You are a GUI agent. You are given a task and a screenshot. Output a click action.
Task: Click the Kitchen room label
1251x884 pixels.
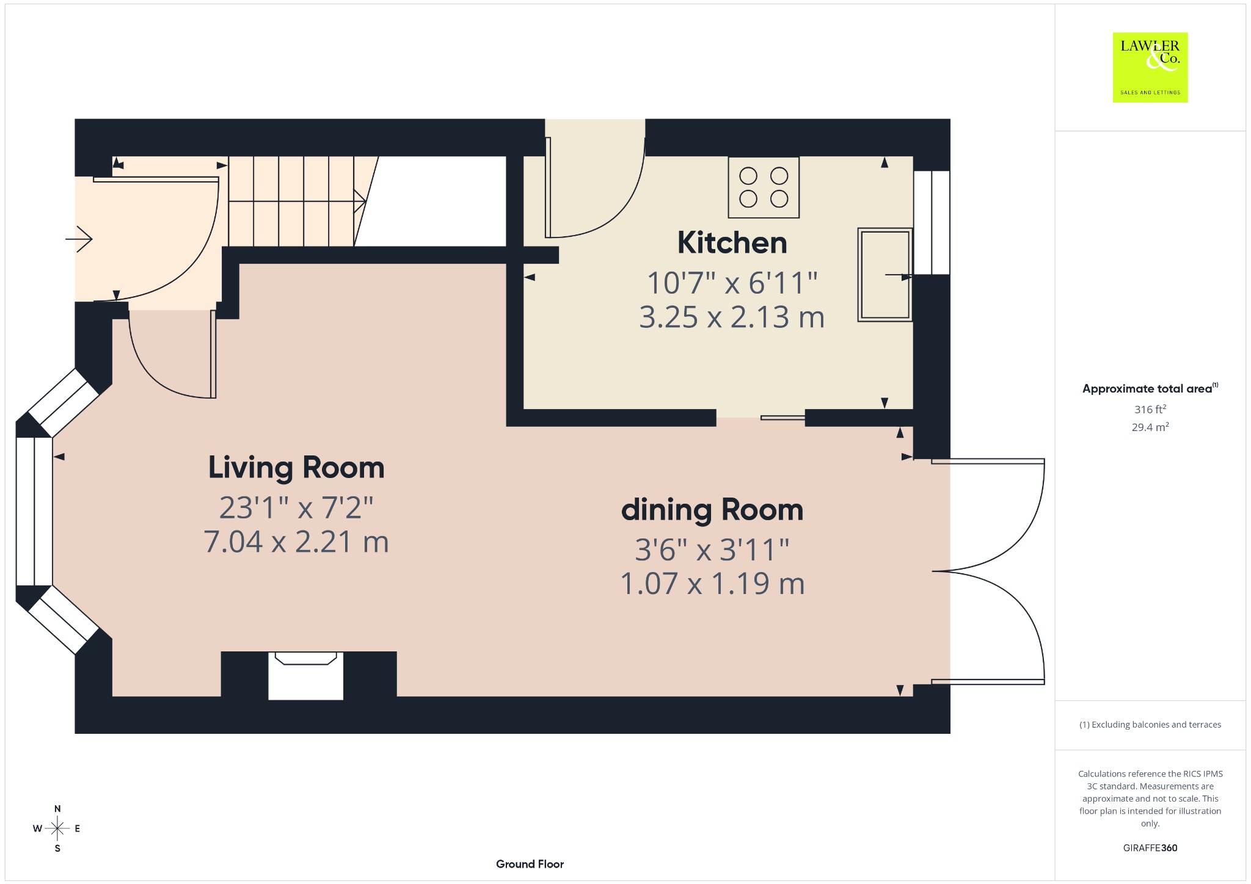[732, 243]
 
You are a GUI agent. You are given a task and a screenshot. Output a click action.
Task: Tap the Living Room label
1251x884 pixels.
[296, 468]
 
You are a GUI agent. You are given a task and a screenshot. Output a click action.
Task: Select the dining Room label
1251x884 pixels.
[712, 510]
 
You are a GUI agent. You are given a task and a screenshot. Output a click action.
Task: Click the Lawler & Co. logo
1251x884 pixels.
[1150, 67]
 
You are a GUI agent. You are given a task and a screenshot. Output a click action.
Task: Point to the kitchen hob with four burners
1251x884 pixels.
[764, 187]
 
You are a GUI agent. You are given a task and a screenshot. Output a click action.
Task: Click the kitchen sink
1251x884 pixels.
[885, 275]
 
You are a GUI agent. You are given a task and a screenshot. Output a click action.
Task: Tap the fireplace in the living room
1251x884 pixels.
[306, 676]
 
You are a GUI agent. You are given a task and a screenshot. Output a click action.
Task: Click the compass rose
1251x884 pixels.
[57, 828]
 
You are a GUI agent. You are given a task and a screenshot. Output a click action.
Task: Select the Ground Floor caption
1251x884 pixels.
[530, 864]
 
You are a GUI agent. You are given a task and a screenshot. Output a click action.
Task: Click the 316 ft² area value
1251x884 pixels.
[1150, 409]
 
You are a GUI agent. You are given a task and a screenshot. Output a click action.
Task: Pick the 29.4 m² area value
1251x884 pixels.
[1150, 427]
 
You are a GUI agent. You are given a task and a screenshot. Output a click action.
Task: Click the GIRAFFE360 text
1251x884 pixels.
[1150, 847]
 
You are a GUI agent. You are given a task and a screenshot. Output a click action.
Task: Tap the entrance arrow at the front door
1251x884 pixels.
[79, 239]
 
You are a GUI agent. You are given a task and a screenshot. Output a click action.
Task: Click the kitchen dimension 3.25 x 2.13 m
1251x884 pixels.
[732, 317]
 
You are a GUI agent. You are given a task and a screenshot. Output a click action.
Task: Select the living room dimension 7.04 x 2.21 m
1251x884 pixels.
[296, 542]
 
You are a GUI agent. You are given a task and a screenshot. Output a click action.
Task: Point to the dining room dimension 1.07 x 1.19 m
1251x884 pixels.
[712, 584]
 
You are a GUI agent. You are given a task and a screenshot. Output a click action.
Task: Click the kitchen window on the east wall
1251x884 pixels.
[932, 223]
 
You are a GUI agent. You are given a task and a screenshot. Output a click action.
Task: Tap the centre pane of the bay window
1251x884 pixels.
[34, 512]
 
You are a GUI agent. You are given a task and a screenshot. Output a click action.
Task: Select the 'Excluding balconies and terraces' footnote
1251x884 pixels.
[1150, 725]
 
